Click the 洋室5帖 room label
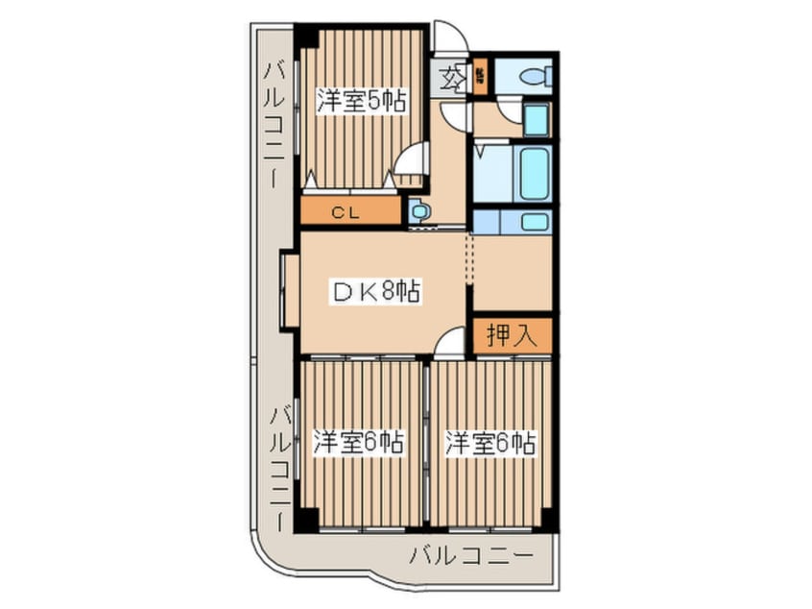coord(360,101)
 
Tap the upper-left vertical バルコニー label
coord(273,121)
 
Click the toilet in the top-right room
coord(534,77)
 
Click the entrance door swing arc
coord(450,37)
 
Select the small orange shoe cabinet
coord(479,77)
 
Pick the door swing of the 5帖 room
coord(411,158)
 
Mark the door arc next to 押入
coord(449,343)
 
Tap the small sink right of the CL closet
coord(418,211)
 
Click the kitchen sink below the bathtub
coord(535,222)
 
